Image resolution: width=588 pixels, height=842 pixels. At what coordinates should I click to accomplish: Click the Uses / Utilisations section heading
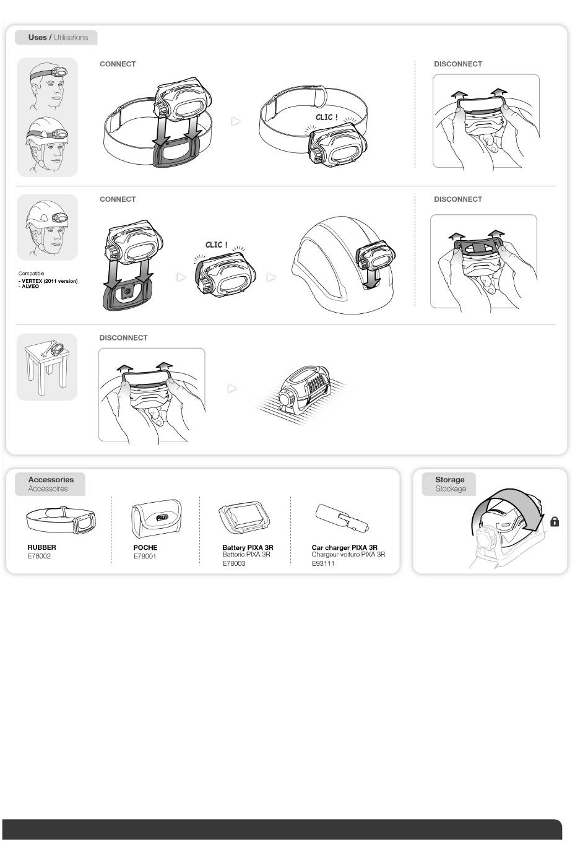58,37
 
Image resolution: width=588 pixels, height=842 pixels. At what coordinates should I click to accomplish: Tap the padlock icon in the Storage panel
555,521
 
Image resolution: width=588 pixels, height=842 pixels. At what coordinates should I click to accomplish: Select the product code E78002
39,556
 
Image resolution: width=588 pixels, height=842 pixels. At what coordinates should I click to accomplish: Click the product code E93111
323,563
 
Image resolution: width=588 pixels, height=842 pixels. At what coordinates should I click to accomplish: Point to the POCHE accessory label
145,547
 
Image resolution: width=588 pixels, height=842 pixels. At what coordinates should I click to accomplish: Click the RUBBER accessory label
41,547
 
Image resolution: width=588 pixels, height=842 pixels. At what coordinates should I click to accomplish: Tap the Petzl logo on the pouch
162,518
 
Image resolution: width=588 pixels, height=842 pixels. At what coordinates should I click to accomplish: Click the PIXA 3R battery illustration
244,517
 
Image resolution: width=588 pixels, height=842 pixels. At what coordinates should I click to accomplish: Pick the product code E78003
234,563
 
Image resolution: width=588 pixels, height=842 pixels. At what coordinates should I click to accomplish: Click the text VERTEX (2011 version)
50,281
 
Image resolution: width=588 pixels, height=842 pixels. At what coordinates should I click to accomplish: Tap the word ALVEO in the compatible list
30,287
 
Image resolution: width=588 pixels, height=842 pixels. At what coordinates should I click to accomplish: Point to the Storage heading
450,480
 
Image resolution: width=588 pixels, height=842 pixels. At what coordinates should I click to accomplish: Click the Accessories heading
51,480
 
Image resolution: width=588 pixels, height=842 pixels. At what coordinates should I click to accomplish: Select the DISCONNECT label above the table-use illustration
123,337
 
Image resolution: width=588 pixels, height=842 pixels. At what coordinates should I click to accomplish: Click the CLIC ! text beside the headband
327,117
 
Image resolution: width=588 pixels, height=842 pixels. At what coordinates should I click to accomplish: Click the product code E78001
145,557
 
